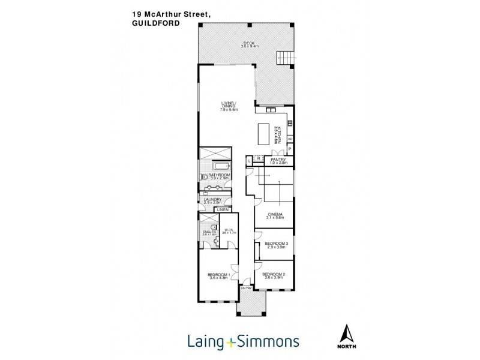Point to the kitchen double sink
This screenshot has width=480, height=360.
point(270,110)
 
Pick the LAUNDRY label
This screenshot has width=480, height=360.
point(213,199)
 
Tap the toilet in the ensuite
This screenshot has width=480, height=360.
point(205,225)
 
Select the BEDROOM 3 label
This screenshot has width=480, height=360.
point(277,243)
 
